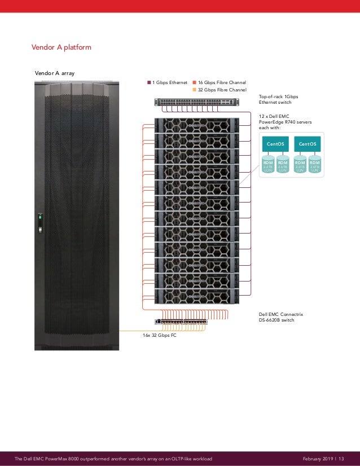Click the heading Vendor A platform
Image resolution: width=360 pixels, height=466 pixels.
62,47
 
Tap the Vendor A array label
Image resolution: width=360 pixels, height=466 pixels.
55,73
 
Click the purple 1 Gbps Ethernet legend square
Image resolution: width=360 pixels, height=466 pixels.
150,82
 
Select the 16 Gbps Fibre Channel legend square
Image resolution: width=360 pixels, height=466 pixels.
195,82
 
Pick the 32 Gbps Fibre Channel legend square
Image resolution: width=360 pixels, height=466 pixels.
195,90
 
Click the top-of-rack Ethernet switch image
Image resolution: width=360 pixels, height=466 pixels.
194,102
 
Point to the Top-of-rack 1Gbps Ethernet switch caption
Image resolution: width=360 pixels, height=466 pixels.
279,99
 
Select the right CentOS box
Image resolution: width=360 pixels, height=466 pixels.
308,144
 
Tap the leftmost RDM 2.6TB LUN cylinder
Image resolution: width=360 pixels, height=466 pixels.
268,164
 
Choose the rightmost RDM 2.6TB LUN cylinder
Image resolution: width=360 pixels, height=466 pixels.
315,164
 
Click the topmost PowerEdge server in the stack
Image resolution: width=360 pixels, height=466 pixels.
195,125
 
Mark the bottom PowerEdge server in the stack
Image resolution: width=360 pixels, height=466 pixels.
195,296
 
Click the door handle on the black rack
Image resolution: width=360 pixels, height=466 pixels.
40,222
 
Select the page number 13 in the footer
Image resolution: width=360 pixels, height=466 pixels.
341,459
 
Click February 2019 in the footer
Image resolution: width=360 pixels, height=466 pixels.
317,459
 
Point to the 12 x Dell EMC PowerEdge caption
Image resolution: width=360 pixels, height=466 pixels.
281,121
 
